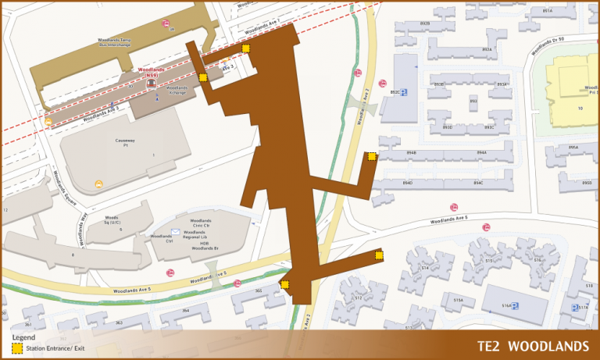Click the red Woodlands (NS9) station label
[x=151, y=71]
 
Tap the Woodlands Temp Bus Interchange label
[x=118, y=41]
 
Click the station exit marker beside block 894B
[x=372, y=156]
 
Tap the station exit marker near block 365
[x=285, y=285]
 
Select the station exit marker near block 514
[x=380, y=255]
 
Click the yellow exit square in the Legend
[x=16, y=347]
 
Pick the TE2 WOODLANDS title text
[x=533, y=346]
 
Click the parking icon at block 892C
[x=404, y=92]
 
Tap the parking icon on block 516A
[x=516, y=306]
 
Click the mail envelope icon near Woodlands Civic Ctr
[x=176, y=232]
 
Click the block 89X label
[x=473, y=101]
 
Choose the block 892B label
[x=424, y=24]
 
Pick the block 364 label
[x=186, y=310]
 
